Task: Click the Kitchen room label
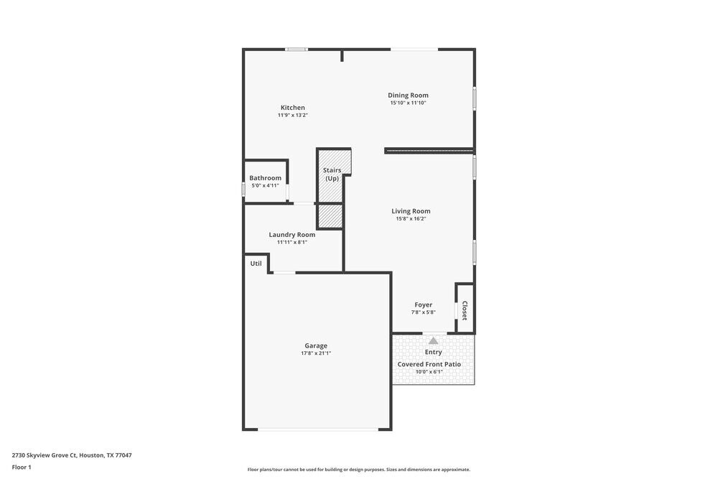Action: tap(292, 108)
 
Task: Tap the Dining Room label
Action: tap(408, 95)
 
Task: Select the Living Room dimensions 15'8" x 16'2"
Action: tap(411, 219)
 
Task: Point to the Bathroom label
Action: tap(265, 177)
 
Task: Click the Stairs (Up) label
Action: tap(332, 174)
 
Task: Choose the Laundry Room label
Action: tap(292, 234)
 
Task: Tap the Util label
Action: tap(256, 264)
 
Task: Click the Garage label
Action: tap(315, 345)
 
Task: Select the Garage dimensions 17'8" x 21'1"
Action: tap(315, 353)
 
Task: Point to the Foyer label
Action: tap(423, 304)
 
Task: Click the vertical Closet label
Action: tap(465, 310)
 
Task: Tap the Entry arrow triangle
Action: tap(433, 341)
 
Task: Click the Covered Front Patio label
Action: tap(429, 364)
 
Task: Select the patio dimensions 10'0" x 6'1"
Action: tap(429, 372)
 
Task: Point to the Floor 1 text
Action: tap(22, 467)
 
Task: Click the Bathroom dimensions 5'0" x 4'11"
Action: tap(265, 185)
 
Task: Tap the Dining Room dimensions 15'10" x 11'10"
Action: tap(408, 103)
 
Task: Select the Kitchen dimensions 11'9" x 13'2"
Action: tap(292, 116)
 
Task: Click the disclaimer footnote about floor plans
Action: tap(359, 470)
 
